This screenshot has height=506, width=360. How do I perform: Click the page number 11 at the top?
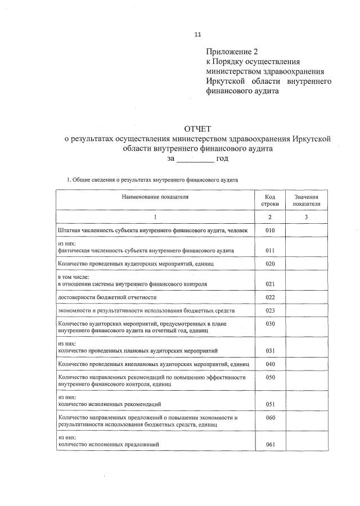197,34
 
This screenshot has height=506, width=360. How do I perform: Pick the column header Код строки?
270,201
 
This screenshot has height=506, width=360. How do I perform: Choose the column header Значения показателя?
306,201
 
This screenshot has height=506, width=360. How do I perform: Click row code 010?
270,231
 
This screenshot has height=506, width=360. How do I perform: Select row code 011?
270,251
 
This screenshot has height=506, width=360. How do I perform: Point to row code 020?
270,264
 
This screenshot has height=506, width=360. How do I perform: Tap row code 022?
270,297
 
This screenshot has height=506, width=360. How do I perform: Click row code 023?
270,310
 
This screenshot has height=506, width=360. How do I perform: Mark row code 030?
270,323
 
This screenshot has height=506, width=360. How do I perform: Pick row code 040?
270,364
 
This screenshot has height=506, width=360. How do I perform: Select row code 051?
270,404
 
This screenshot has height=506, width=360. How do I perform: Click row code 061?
270,445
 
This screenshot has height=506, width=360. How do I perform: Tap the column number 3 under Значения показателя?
306,217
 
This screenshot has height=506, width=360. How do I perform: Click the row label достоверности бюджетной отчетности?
107,297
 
